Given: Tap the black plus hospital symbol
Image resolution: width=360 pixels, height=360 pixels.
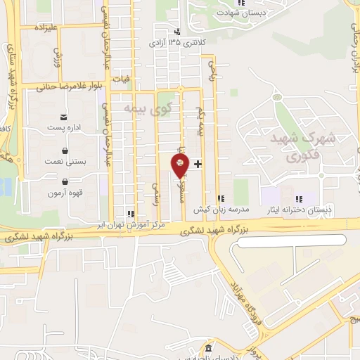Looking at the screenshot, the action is (x=198, y=164).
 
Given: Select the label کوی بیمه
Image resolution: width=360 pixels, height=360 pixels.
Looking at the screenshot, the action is (x=148, y=109).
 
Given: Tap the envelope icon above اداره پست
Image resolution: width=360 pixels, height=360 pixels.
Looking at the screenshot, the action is (x=65, y=116).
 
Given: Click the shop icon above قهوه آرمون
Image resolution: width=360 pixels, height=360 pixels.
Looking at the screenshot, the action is (x=65, y=182).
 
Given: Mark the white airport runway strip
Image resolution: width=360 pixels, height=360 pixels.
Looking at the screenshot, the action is (x=288, y=240).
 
